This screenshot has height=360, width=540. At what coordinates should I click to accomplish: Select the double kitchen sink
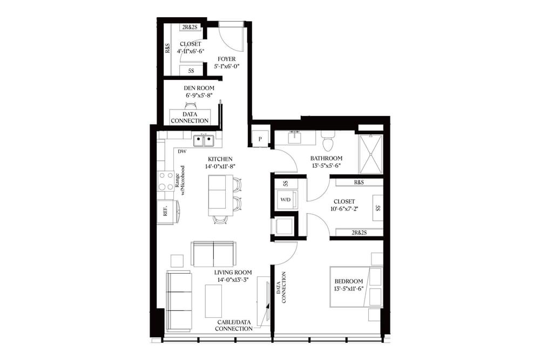(x=204, y=141)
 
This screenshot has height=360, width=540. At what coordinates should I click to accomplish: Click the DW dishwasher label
(x=182, y=152)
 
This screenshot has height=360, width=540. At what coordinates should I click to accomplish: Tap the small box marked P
(x=260, y=139)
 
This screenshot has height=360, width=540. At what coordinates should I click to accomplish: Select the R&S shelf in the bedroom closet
(x=359, y=182)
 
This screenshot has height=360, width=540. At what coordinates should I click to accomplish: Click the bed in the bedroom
(x=356, y=286)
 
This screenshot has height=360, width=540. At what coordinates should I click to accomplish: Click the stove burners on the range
(x=166, y=181)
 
